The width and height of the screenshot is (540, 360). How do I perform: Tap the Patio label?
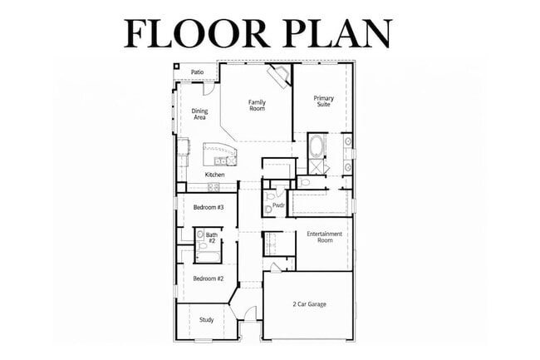coord(197,72)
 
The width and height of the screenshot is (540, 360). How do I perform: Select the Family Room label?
coord(257,106)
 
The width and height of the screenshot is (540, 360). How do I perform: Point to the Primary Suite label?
coord(323,101)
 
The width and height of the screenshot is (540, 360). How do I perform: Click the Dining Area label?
coord(199,114)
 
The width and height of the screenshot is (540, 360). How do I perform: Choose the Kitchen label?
coord(214,175)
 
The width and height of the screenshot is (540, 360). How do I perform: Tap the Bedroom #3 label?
coord(209,207)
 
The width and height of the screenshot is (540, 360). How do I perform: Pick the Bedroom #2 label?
coord(209,279)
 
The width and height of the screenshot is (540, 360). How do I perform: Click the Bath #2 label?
coord(212,238)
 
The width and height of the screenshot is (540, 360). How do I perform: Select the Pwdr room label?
coord(277,205)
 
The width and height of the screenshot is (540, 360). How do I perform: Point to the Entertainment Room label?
coord(325,237)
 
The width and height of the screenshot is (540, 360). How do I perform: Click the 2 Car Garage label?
coord(309,304)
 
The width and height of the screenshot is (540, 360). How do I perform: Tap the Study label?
coord(206,318)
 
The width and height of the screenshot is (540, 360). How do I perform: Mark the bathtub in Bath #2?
coord(208,256)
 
